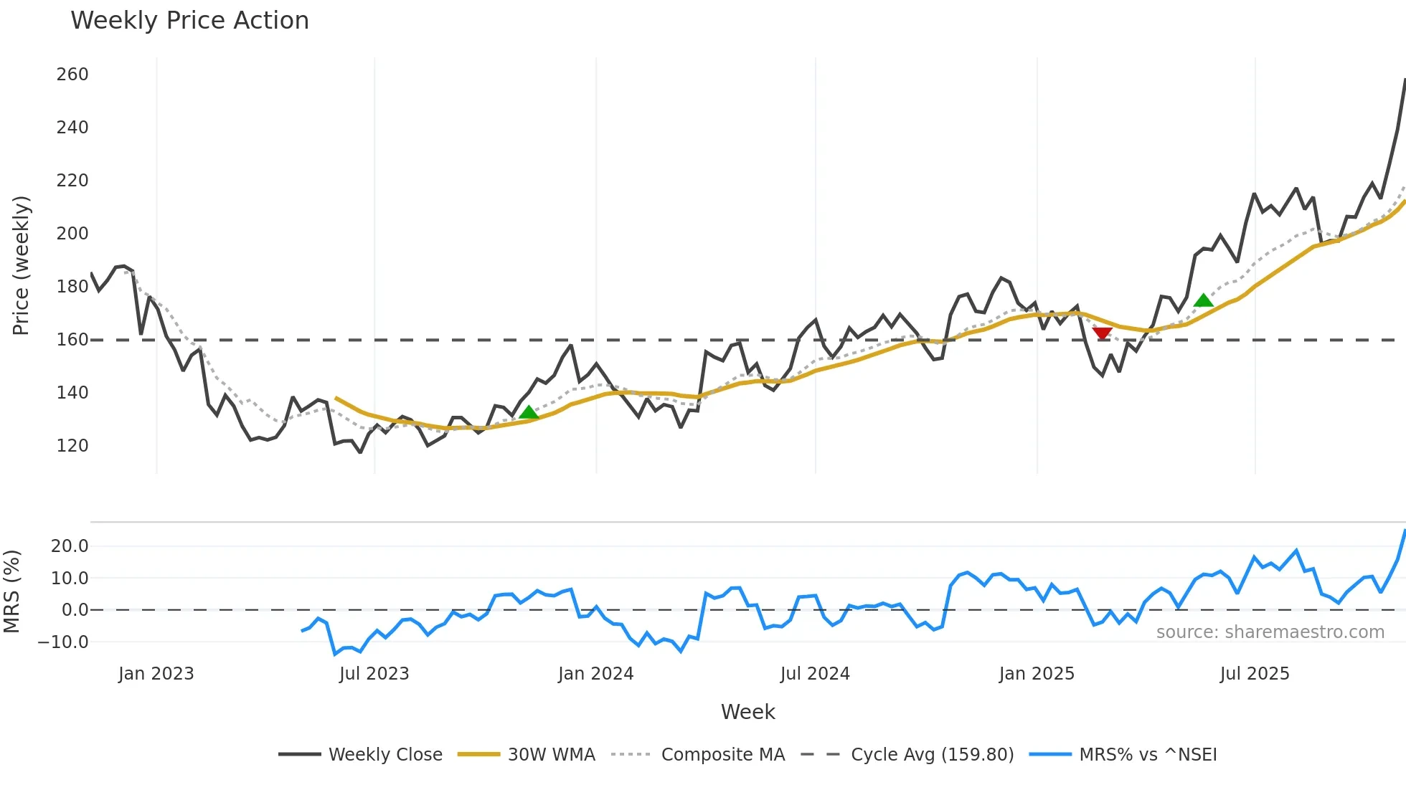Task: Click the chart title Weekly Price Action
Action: pos(189,21)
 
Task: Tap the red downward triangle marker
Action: pos(1102,333)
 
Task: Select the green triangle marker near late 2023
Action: pos(529,412)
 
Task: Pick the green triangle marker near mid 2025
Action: pos(1203,300)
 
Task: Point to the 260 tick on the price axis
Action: pos(72,75)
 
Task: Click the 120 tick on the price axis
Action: pos(72,446)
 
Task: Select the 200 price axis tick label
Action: pos(72,234)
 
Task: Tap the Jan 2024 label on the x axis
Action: pos(595,674)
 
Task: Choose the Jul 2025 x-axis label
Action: pos(1254,674)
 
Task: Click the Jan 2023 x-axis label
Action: pos(156,674)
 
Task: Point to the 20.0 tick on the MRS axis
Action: pos(70,546)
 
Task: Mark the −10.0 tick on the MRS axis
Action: pos(63,642)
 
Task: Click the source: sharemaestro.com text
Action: pos(1270,632)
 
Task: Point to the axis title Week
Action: pos(747,712)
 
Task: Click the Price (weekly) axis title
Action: pos(21,265)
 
